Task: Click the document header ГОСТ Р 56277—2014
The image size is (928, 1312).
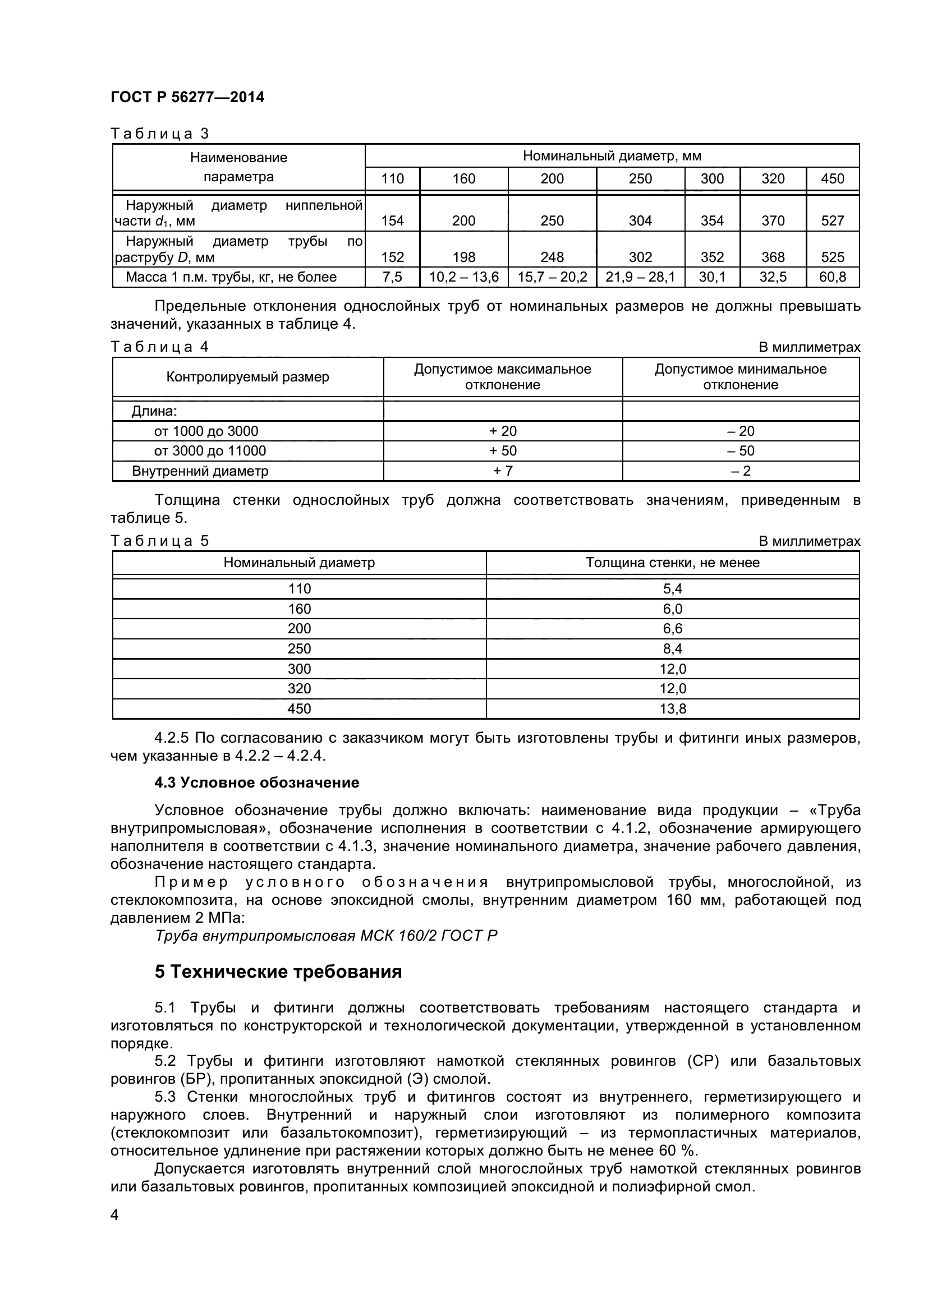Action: coord(187,97)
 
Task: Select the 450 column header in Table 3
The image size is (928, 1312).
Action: coord(832,179)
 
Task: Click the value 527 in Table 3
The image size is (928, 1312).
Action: coord(832,221)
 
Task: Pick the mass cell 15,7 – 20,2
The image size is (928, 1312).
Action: coord(552,277)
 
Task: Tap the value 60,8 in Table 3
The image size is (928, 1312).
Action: coord(832,277)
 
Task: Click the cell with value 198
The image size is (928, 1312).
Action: coord(463,257)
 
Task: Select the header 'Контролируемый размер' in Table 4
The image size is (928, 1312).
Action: coord(247,377)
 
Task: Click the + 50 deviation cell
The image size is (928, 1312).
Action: coord(502,451)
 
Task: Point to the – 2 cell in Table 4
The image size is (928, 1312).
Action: coord(741,471)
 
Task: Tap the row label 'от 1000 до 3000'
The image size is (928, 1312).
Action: coord(206,431)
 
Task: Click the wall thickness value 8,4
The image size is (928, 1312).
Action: coord(673,648)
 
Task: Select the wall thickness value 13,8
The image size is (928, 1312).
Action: coord(673,708)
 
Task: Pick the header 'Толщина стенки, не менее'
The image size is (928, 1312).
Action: coord(673,562)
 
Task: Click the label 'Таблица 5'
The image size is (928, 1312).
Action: coord(160,541)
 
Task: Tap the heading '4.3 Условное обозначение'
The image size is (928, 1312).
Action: coord(256,782)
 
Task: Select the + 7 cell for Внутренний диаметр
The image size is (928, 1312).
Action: coord(502,471)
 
